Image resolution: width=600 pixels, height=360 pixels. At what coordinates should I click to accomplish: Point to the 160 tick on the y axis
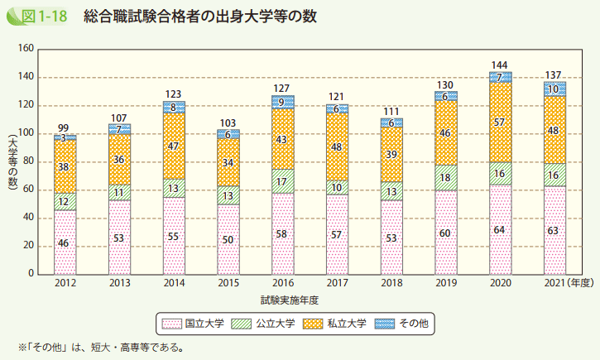pyautogui.click(x=24, y=50)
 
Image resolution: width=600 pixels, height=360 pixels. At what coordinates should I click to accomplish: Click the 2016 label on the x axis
pyautogui.click(x=282, y=284)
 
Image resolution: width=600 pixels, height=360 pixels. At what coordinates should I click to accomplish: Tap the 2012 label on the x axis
pyautogui.click(x=65, y=284)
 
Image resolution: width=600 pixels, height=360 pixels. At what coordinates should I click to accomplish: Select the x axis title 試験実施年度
pyautogui.click(x=289, y=299)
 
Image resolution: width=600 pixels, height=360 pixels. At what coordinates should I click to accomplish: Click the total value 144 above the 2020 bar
pyautogui.click(x=499, y=65)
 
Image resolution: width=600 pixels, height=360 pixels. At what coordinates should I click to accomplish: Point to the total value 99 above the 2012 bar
pyautogui.click(x=65, y=127)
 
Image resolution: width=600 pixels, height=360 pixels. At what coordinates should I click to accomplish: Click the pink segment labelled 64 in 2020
pyautogui.click(x=500, y=229)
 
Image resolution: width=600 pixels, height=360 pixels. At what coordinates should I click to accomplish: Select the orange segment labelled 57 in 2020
pyautogui.click(x=500, y=122)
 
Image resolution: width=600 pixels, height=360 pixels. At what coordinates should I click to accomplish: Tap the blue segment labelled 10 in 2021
pyautogui.click(x=554, y=89)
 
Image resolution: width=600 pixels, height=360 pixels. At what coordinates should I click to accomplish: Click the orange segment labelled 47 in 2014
pyautogui.click(x=174, y=146)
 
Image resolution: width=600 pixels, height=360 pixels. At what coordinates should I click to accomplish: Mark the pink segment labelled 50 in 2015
pyautogui.click(x=228, y=239)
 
